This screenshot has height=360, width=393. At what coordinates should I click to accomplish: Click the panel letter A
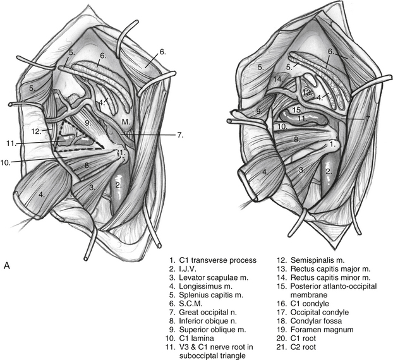click(x=6, y=265)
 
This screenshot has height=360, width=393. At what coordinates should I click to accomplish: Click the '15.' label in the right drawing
click(x=279, y=110)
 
